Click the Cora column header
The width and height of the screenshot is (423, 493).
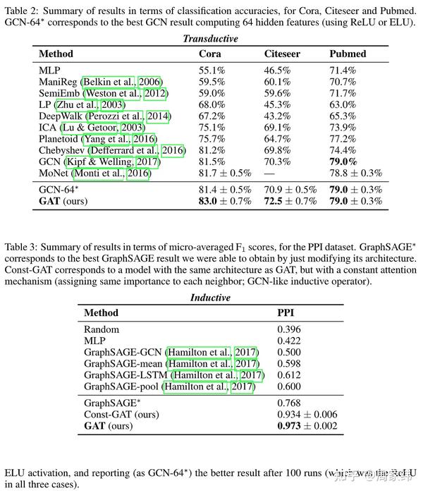coord(210,54)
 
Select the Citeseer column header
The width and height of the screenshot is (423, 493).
coord(282,54)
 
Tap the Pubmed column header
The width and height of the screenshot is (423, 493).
coord(348,54)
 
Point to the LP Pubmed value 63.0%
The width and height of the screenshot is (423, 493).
coord(343,104)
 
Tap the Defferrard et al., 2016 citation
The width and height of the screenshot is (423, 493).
coord(143,150)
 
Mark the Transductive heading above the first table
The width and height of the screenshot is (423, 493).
coord(210,39)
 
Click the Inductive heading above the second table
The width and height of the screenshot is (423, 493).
coord(211,298)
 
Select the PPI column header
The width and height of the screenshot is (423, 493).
coord(286,312)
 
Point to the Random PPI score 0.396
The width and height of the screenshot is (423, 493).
coord(289,329)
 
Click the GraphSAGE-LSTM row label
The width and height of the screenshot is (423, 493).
coord(126,375)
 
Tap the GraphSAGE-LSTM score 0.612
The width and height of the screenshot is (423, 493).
coord(289,375)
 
